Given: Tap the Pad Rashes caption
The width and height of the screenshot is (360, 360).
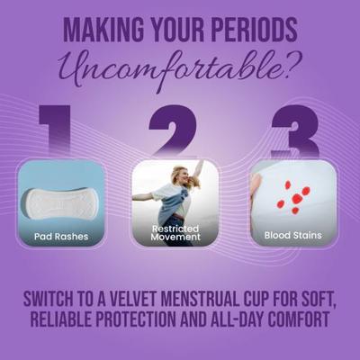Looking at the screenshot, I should [x=60, y=238].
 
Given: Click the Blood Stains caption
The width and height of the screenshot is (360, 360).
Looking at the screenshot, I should [x=292, y=238].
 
